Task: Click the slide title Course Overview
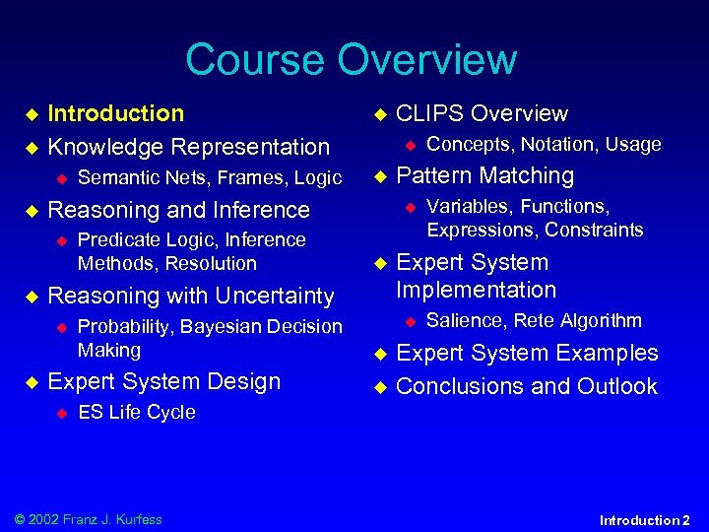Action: tap(351, 59)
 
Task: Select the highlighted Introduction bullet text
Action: tap(116, 113)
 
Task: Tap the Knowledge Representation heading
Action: tap(189, 147)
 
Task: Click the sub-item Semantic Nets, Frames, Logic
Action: tap(209, 177)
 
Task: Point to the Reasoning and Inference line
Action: tap(178, 210)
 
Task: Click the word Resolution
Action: tap(211, 263)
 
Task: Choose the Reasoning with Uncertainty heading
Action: tap(191, 296)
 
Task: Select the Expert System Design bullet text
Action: tap(163, 381)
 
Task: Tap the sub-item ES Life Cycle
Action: tap(136, 412)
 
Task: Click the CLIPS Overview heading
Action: tap(482, 113)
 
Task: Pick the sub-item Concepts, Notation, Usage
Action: tap(544, 144)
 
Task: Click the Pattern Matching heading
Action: tap(484, 175)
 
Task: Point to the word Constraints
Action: tap(594, 230)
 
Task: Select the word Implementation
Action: tap(476, 290)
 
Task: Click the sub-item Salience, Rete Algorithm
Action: tap(534, 320)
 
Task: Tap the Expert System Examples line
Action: tap(527, 353)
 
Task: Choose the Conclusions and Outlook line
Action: tap(526, 386)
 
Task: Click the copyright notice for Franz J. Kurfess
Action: tap(84, 519)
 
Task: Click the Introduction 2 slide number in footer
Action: tap(645, 519)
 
